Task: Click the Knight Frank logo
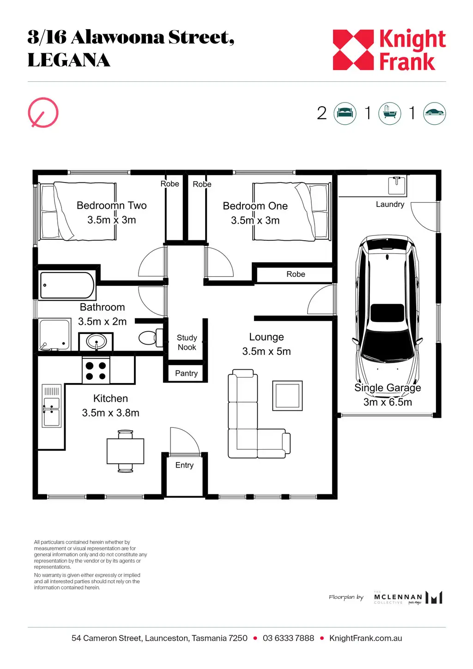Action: (x=389, y=49)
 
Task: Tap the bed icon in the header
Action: (x=345, y=114)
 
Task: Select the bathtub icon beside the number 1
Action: (x=390, y=114)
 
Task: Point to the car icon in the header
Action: (x=435, y=114)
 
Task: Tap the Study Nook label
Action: (x=187, y=342)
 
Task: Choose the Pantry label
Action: (x=186, y=373)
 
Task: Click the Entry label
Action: (x=184, y=465)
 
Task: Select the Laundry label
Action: (x=390, y=204)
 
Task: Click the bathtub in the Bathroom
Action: (x=67, y=285)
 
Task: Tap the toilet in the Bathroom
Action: (x=151, y=338)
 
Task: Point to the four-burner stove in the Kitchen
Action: (x=96, y=371)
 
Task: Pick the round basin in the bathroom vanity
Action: (x=96, y=341)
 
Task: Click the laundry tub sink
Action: (x=397, y=185)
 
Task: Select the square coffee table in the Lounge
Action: (x=287, y=395)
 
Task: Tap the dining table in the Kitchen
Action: (x=126, y=451)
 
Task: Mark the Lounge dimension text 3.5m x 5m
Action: (x=267, y=351)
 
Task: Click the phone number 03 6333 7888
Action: (x=288, y=638)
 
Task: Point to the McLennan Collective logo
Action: (x=408, y=597)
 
